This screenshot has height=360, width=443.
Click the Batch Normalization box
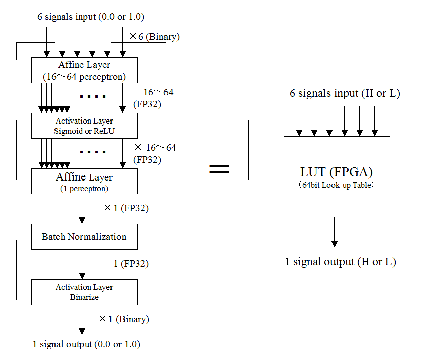[84, 236]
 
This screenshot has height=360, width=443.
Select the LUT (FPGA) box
[337, 176]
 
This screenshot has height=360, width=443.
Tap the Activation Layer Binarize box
[84, 292]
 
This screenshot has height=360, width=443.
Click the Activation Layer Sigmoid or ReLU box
[84, 126]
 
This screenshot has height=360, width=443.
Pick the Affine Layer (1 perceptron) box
[84, 181]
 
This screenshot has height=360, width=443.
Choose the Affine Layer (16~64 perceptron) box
[84, 70]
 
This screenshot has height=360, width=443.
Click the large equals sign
[219, 169]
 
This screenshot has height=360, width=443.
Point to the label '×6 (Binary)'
[154, 37]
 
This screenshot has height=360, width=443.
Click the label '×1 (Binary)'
[124, 319]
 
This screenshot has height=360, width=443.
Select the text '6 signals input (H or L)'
[345, 93]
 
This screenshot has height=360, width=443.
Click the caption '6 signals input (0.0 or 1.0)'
[91, 17]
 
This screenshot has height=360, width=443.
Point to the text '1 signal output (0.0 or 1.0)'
[86, 345]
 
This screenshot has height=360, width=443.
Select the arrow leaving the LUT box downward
[334, 231]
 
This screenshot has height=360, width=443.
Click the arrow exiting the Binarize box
[82, 320]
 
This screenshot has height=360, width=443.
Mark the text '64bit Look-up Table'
[336, 185]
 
